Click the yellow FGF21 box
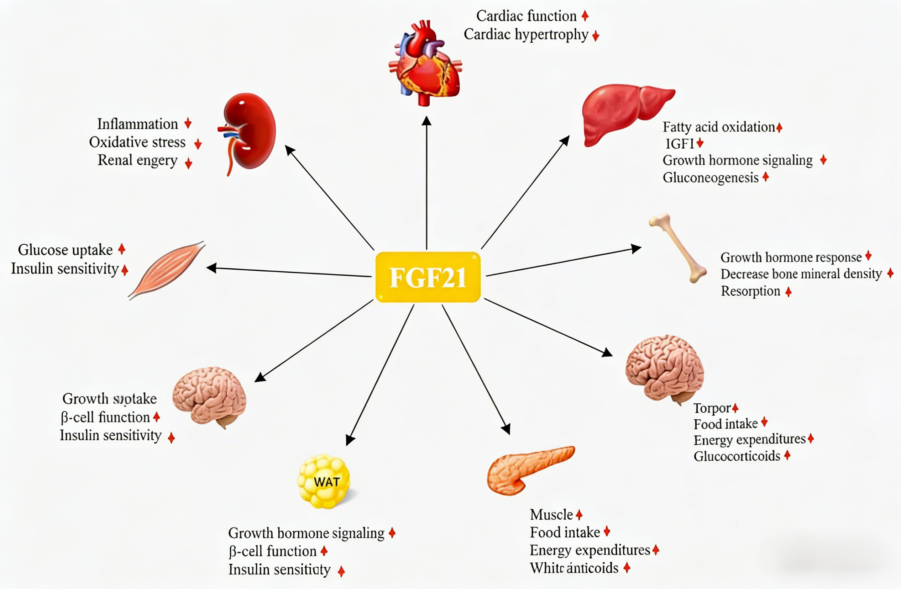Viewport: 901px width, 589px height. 428,277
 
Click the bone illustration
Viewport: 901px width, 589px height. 678,248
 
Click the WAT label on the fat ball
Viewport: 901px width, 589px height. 326,482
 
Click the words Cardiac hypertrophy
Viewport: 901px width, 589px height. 526,35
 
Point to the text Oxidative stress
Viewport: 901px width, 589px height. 137,142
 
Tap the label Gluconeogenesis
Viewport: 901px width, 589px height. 710,177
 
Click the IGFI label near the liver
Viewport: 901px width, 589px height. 680,144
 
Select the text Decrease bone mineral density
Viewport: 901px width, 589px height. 801,274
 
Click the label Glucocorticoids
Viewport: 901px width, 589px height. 737,456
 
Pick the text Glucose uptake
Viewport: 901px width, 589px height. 65,250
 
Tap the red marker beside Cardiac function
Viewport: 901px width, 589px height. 585,16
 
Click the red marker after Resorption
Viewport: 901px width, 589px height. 788,292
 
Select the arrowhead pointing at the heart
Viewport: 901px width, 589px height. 427,121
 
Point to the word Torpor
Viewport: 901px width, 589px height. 712,408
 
